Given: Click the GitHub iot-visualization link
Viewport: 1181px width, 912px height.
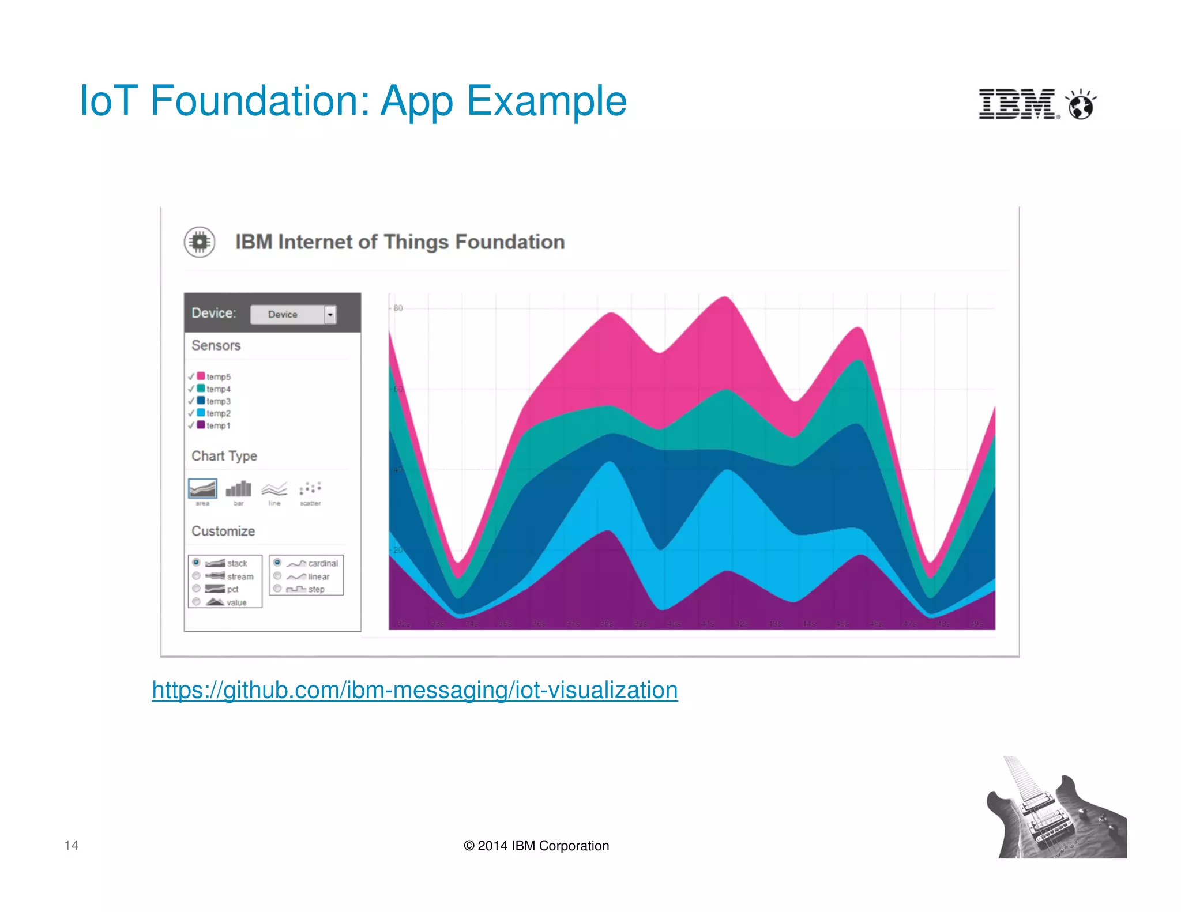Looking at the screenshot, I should point(415,690).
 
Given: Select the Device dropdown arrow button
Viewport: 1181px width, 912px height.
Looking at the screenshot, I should point(330,315).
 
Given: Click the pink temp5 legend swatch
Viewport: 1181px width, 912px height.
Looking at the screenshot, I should point(201,376).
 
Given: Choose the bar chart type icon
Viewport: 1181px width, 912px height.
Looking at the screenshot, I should point(238,489).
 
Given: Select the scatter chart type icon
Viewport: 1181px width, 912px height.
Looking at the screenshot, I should point(310,489).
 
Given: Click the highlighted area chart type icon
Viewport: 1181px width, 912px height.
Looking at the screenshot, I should point(202,489).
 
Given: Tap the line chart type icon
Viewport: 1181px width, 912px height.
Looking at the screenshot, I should point(274,489).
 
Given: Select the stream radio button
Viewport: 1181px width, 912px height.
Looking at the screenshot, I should point(197,576).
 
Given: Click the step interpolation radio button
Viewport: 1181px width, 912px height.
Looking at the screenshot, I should point(277,589).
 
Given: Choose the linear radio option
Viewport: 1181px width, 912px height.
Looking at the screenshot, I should point(277,576).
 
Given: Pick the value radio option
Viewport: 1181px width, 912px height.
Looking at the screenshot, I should point(197,602).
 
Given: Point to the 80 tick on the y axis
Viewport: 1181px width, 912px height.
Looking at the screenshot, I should point(398,308).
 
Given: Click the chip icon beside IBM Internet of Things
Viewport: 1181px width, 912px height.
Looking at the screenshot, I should point(200,242).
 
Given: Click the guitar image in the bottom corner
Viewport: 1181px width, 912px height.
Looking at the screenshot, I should point(1055,810).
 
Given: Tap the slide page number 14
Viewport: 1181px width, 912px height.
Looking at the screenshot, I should point(72,845).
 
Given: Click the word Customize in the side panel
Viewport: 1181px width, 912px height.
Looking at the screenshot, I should point(223,531).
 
